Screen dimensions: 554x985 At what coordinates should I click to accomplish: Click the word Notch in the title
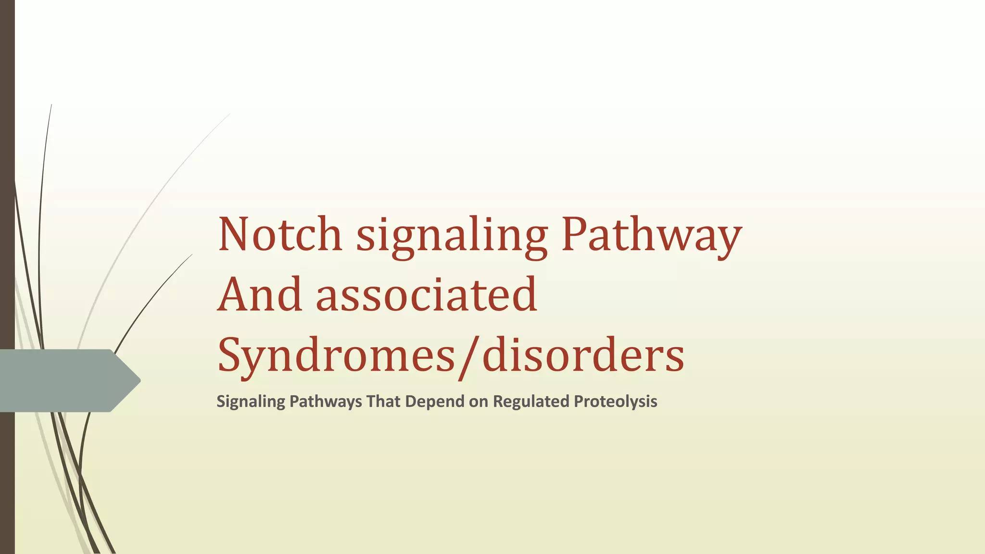280,234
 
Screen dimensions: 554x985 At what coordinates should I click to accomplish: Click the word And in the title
260,294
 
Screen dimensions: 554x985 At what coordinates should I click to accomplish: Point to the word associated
426,294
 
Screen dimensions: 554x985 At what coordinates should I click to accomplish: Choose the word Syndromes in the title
336,356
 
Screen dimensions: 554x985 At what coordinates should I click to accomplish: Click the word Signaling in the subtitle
251,402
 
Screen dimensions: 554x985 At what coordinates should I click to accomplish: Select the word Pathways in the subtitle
326,402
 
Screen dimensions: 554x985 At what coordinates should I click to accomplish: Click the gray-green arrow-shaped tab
63,380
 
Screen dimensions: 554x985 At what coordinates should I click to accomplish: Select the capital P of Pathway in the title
575,234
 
